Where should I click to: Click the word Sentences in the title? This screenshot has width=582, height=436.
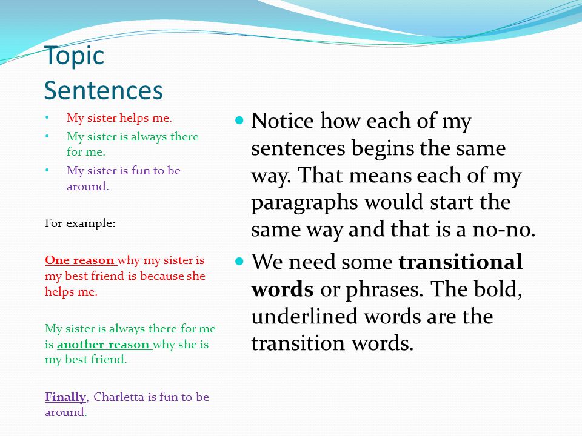pos(104,90)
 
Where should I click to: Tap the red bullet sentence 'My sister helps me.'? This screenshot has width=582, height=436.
pos(119,118)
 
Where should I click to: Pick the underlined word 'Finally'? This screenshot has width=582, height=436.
pos(65,397)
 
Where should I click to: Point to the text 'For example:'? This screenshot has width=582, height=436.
pos(80,223)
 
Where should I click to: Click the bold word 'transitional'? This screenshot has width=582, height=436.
pos(460,262)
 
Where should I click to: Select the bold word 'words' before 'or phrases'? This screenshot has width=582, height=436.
pos(282,289)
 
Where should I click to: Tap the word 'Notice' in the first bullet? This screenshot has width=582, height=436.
pos(282,121)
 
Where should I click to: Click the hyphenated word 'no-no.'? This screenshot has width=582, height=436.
pos(504,230)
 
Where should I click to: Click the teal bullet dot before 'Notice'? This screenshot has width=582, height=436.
pos(239,121)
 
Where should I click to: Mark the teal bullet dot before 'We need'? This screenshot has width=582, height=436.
pos(239,262)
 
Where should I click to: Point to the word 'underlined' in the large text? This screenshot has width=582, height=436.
pos(304,316)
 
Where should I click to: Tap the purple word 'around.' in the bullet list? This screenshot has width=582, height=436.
pos(87,186)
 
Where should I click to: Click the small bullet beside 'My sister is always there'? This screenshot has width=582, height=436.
pos(47,136)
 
